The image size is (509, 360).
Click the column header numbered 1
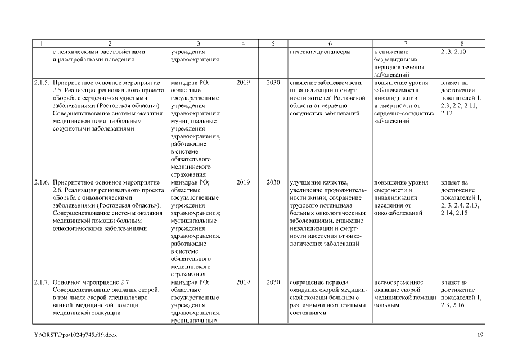coord(40,44)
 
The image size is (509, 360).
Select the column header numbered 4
coord(242,44)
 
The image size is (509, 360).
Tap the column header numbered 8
coord(461,44)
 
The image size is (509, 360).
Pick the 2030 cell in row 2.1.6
coord(273,183)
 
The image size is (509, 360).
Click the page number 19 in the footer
coord(480,335)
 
